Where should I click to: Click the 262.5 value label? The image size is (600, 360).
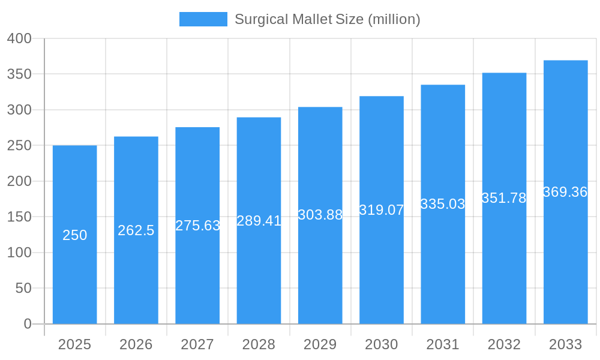(x=136, y=230)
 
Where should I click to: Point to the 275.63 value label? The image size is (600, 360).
(x=197, y=226)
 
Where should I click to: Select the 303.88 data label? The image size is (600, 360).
(x=320, y=215)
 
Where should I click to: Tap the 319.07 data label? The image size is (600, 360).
(x=382, y=210)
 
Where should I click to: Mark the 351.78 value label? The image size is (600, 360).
(x=504, y=199)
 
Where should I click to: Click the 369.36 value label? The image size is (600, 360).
(x=565, y=192)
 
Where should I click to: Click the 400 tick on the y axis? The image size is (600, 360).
(x=19, y=38)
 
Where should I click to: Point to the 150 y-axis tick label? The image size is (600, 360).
(x=19, y=217)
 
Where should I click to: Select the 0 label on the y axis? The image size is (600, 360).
(x=27, y=324)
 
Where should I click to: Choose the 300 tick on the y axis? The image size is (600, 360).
(x=19, y=110)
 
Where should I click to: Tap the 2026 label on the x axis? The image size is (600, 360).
(x=136, y=344)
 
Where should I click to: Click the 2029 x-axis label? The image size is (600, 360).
(x=320, y=344)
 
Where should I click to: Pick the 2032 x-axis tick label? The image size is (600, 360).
(x=504, y=344)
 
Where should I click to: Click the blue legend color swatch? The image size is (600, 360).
(x=203, y=19)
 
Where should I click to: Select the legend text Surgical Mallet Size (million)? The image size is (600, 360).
(x=327, y=19)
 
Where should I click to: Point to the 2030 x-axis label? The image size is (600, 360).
(x=382, y=344)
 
